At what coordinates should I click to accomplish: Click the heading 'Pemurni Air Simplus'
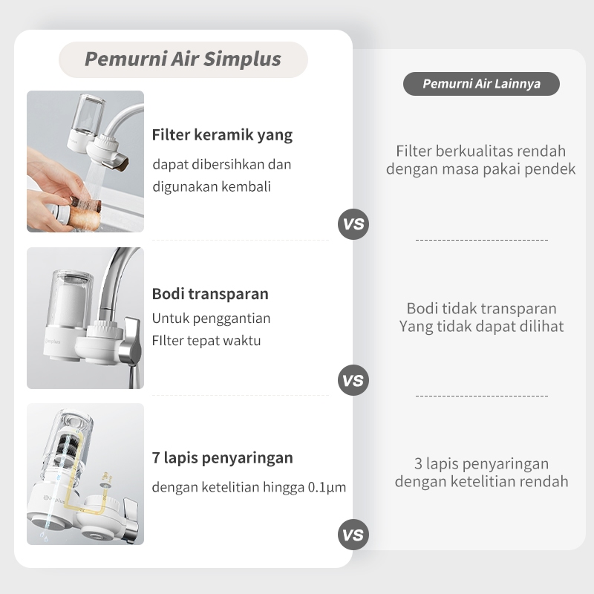(x=183, y=59)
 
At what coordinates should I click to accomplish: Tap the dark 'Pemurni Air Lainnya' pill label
(x=481, y=84)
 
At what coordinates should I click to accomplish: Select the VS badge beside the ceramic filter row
(x=353, y=224)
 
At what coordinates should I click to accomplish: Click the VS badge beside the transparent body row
(x=353, y=380)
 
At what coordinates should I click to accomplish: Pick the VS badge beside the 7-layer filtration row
(x=353, y=535)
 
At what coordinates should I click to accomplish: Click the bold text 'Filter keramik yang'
(x=222, y=135)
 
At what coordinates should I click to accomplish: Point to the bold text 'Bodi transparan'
(x=210, y=294)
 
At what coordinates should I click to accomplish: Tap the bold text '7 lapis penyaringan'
(x=222, y=458)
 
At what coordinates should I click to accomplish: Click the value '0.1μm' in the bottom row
(x=327, y=487)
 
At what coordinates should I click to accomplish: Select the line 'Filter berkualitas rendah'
(x=480, y=151)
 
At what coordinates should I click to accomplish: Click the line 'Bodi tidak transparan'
(x=481, y=308)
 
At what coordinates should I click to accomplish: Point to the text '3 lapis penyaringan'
(x=481, y=463)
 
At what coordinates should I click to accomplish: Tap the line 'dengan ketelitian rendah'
(x=481, y=481)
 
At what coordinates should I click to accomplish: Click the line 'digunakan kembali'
(x=212, y=187)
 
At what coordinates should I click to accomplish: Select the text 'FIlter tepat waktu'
(x=206, y=341)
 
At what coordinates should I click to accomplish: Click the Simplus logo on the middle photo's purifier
(x=53, y=341)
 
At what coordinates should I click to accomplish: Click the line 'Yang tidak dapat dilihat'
(x=481, y=326)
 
